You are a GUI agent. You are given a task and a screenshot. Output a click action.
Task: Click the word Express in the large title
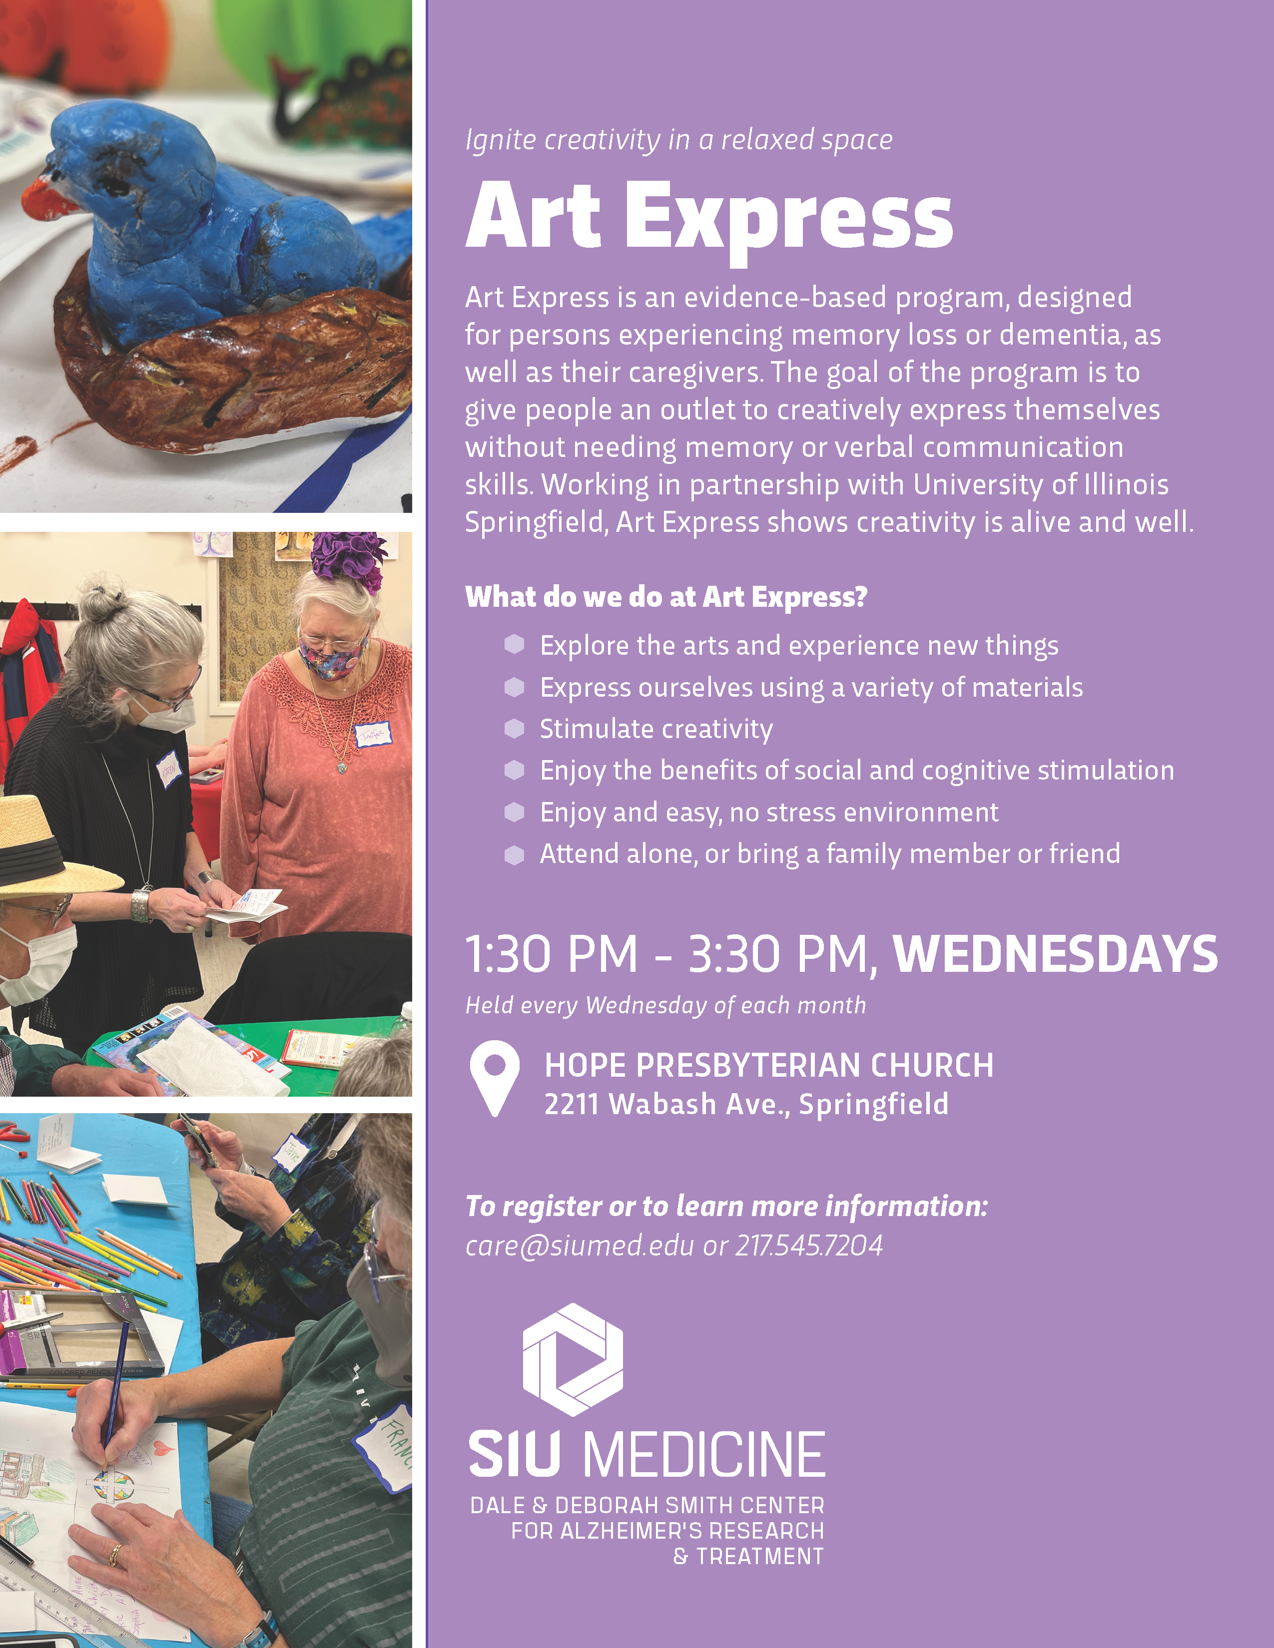coord(789,220)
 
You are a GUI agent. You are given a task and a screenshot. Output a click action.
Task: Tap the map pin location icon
coord(494,1078)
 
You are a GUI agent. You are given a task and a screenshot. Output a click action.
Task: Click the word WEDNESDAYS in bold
coord(1055,954)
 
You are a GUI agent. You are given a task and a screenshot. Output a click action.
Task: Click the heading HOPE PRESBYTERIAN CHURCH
coord(769,1066)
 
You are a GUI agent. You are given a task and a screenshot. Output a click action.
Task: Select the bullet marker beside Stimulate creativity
coord(514,728)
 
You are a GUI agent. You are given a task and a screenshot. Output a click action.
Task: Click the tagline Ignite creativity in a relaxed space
coord(678,140)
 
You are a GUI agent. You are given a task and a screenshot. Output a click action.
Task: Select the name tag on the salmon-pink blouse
coord(374,734)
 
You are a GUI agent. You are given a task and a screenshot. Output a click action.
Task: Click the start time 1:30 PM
coord(552,954)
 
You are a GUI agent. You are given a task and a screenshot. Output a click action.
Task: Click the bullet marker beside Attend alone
coord(514,854)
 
